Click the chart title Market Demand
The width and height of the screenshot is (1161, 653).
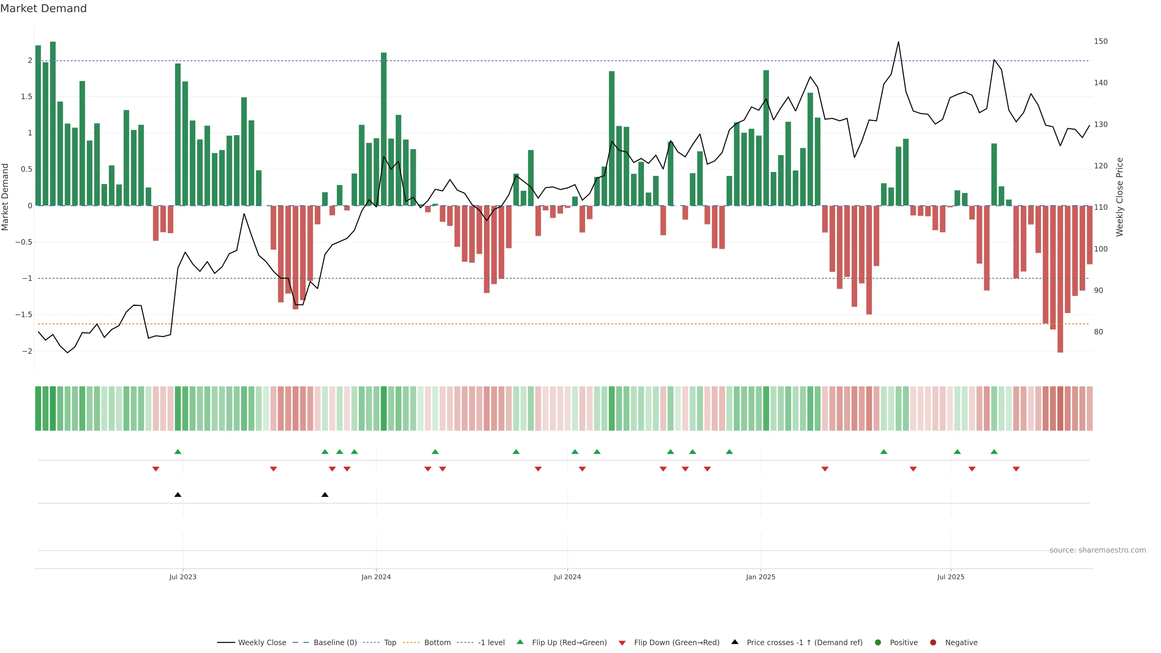coord(43,8)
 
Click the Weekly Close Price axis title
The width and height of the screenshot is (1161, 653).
coord(1120,197)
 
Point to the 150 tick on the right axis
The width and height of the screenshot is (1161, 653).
coord(1101,41)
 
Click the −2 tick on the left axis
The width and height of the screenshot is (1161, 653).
coord(27,351)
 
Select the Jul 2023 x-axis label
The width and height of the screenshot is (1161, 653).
coord(183,577)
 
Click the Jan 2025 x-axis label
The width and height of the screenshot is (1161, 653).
coord(760,577)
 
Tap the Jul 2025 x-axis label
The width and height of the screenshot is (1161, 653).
coord(951,577)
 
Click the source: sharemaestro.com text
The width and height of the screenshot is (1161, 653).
coord(1098,550)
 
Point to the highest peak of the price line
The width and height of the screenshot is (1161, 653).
coord(898,42)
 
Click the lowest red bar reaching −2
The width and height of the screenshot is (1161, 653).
coord(1060,279)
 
